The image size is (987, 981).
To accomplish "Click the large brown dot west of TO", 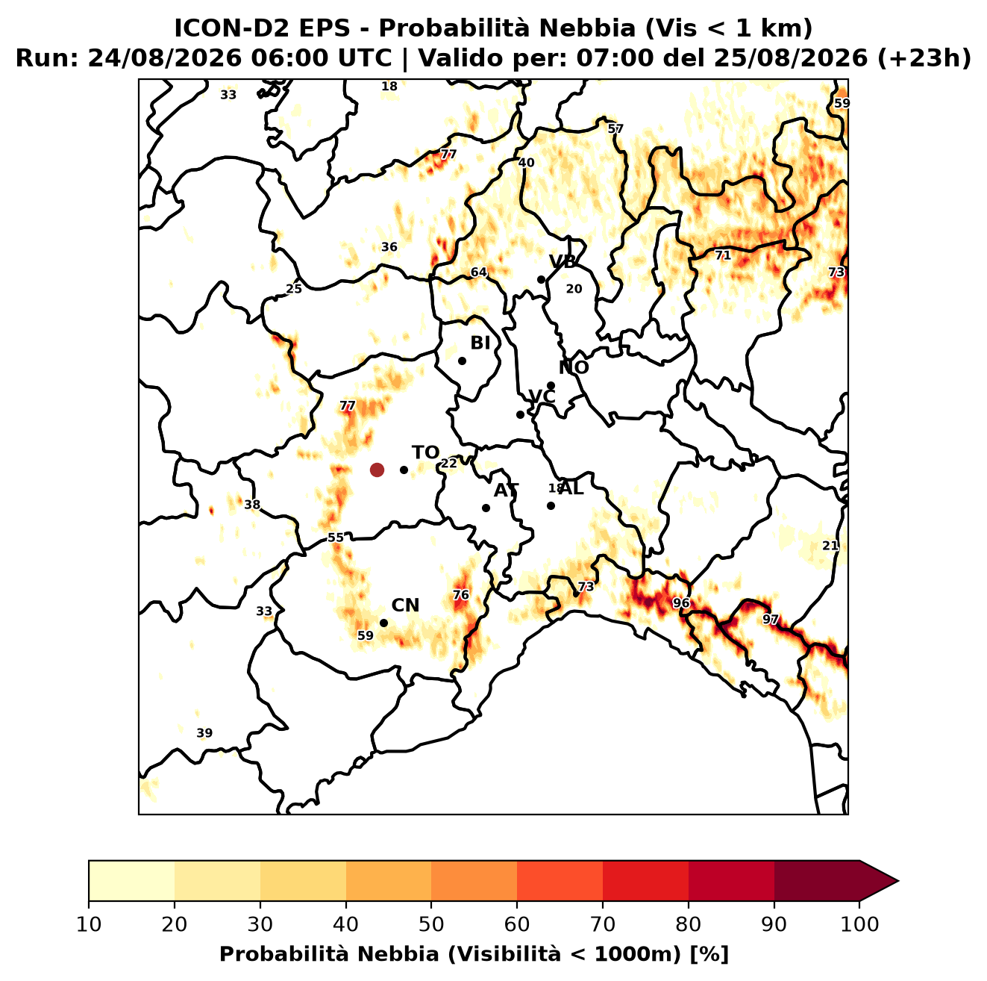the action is tap(377, 469).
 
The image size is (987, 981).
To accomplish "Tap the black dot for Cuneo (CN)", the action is tap(383, 623).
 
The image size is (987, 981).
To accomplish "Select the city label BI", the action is tap(480, 343).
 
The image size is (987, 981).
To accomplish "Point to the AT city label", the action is tap(506, 490).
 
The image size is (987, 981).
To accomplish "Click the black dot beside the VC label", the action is tap(521, 414).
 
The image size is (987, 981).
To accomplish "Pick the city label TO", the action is tap(425, 452).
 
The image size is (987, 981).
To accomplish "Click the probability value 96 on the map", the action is tap(680, 602).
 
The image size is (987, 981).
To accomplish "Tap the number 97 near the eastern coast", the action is tap(770, 620).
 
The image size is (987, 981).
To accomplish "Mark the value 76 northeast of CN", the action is tap(460, 595).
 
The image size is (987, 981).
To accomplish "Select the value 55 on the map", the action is tap(336, 538).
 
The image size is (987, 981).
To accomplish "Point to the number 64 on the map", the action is tap(479, 272).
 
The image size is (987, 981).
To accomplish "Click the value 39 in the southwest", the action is tap(204, 733).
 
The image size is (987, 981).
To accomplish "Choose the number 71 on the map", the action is tap(723, 255).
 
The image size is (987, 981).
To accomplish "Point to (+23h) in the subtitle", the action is tap(924, 58).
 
